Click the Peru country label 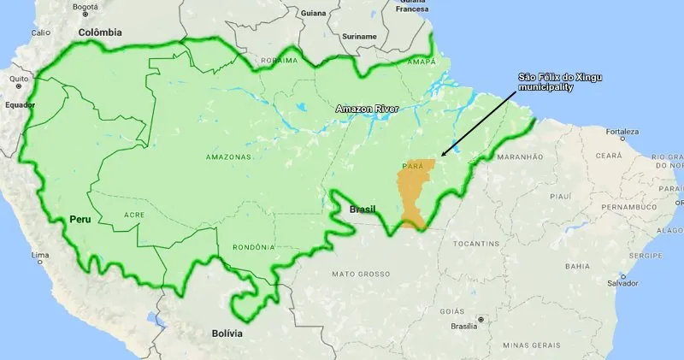80,220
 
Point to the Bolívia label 227,333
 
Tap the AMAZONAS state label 228,157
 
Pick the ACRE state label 134,215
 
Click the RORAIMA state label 279,61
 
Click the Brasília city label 463,327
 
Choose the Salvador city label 622,283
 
